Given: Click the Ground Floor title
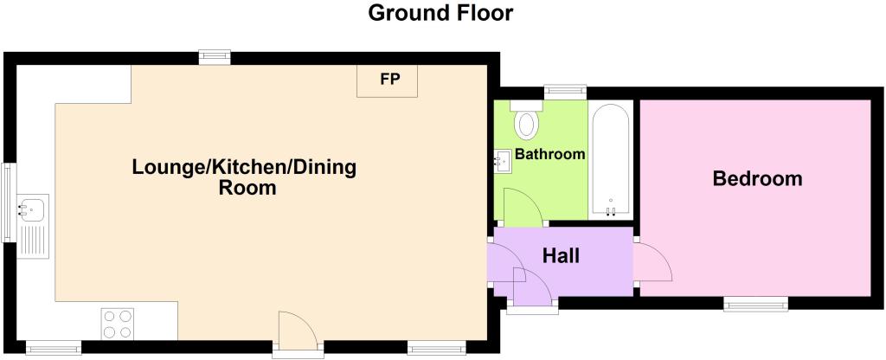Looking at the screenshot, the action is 440,12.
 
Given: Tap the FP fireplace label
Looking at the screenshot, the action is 390,79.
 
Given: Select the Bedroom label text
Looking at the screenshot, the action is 757,178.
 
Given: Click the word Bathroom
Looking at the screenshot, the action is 549,154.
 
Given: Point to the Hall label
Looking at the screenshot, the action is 561,256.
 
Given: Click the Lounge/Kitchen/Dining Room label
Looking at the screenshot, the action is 244,177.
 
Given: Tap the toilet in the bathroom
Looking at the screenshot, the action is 526,119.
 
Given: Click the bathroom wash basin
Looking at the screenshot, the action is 502,162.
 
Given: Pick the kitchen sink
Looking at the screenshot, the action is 33,226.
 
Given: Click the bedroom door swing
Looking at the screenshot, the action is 653,260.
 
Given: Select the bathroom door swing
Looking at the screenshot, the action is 523,207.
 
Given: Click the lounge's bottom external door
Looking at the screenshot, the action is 299,334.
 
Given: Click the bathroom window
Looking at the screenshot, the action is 565,90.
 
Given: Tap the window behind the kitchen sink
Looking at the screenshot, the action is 9,202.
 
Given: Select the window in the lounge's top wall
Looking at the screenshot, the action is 215,57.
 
